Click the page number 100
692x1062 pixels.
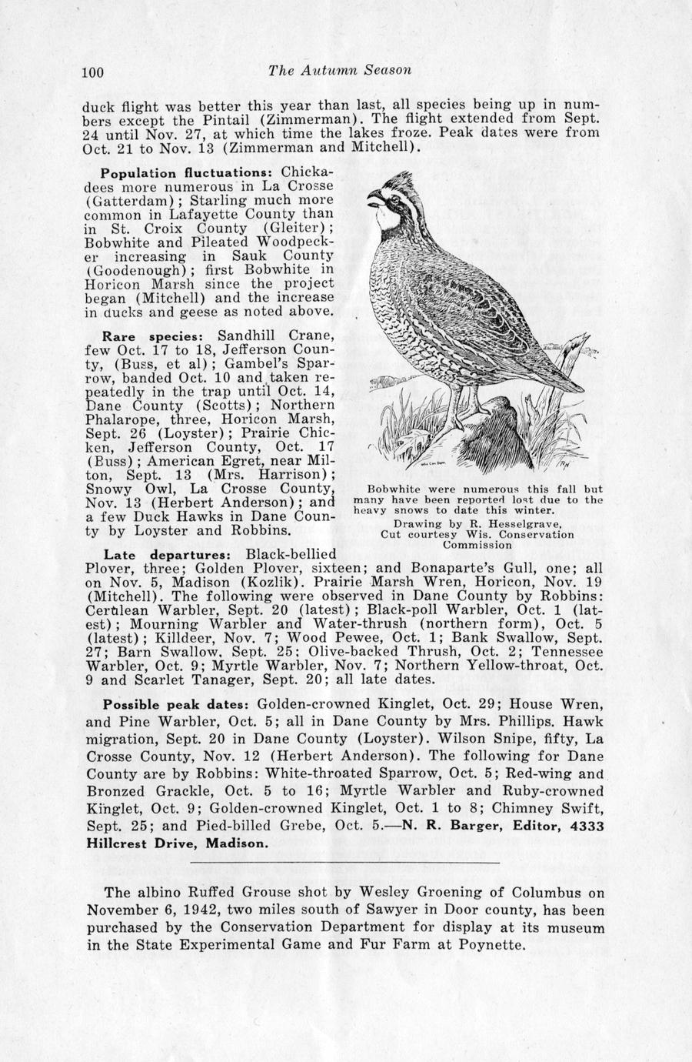pyautogui.click(x=92, y=72)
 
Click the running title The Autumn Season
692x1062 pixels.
pyautogui.click(x=341, y=70)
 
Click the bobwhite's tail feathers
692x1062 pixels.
pyautogui.click(x=569, y=350)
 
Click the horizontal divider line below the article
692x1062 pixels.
pyautogui.click(x=345, y=862)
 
